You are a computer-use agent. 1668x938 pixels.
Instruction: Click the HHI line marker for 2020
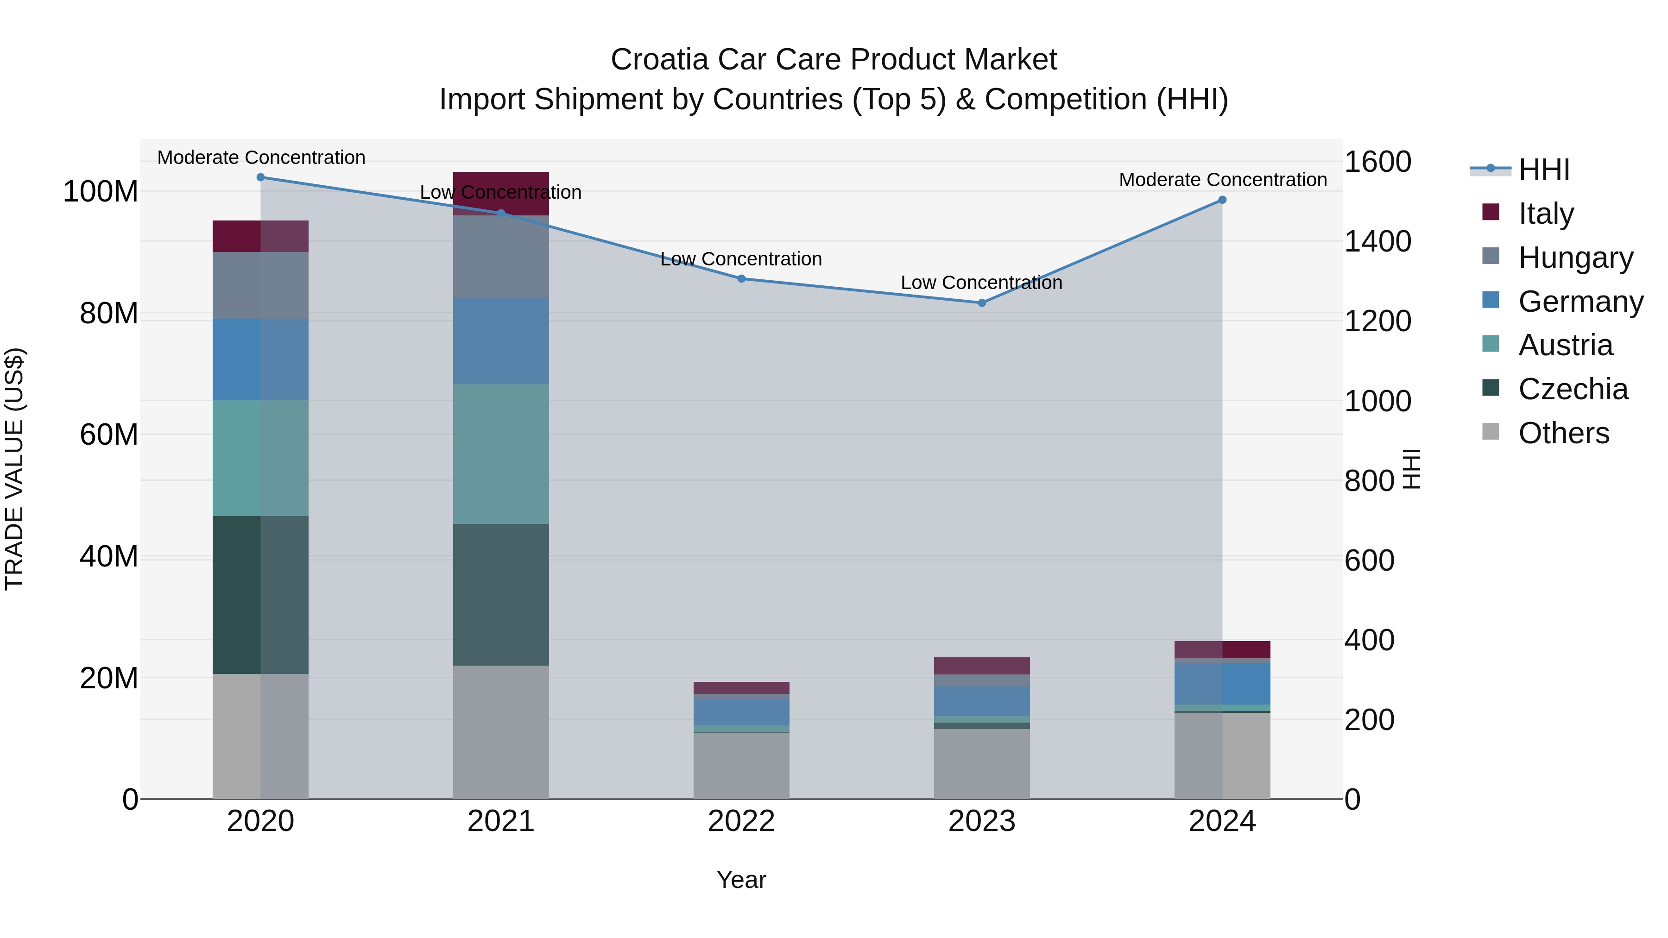click(260, 177)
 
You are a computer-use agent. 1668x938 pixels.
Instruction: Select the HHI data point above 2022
click(741, 278)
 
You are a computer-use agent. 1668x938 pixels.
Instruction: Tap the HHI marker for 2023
click(982, 302)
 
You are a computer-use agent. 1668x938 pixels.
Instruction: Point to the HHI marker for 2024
click(1222, 199)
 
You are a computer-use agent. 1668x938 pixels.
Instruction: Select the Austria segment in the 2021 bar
click(500, 453)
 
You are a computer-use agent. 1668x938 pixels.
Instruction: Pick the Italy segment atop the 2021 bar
click(500, 192)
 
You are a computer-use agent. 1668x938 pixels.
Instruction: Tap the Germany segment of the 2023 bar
click(982, 701)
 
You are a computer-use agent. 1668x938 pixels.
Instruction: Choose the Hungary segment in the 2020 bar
click(260, 285)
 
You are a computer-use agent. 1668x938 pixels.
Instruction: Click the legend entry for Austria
click(1565, 345)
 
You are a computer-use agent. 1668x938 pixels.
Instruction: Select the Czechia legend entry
click(1572, 389)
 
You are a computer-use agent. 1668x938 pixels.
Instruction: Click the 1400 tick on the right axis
click(1377, 241)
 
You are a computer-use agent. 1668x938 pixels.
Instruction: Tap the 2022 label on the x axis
click(741, 821)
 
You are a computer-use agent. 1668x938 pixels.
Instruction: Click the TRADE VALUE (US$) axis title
click(14, 469)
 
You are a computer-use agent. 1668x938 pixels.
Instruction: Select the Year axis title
click(741, 880)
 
